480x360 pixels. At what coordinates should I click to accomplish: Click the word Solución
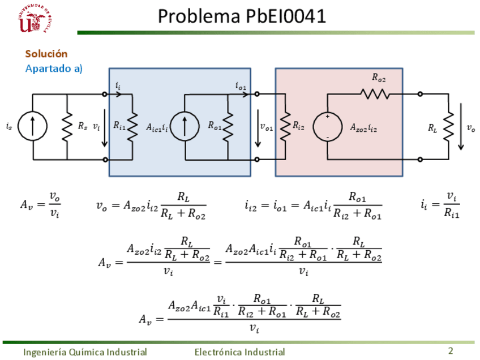click(46, 54)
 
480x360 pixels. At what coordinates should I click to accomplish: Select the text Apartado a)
click(54, 68)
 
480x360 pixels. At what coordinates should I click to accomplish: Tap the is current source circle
click(32, 126)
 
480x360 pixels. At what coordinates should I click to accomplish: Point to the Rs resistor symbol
click(67, 127)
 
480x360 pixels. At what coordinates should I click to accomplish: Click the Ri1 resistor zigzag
click(132, 127)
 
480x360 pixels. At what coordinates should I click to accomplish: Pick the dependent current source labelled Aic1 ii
click(185, 126)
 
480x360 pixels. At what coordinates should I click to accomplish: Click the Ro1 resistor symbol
click(228, 127)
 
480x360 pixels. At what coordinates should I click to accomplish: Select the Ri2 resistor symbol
click(285, 126)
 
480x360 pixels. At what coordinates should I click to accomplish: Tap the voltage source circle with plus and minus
click(327, 126)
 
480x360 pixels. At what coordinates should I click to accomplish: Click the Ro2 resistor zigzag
click(375, 94)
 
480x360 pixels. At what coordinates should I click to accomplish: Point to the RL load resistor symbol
click(448, 126)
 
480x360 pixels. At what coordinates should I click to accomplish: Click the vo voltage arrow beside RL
click(461, 127)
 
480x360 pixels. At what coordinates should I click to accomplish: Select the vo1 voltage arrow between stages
click(258, 128)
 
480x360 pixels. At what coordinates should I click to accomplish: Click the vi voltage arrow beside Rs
click(105, 128)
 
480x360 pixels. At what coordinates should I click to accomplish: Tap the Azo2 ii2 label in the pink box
click(363, 127)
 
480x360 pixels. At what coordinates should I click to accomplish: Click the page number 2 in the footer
click(451, 351)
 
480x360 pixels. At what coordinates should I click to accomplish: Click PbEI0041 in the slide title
click(286, 16)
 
